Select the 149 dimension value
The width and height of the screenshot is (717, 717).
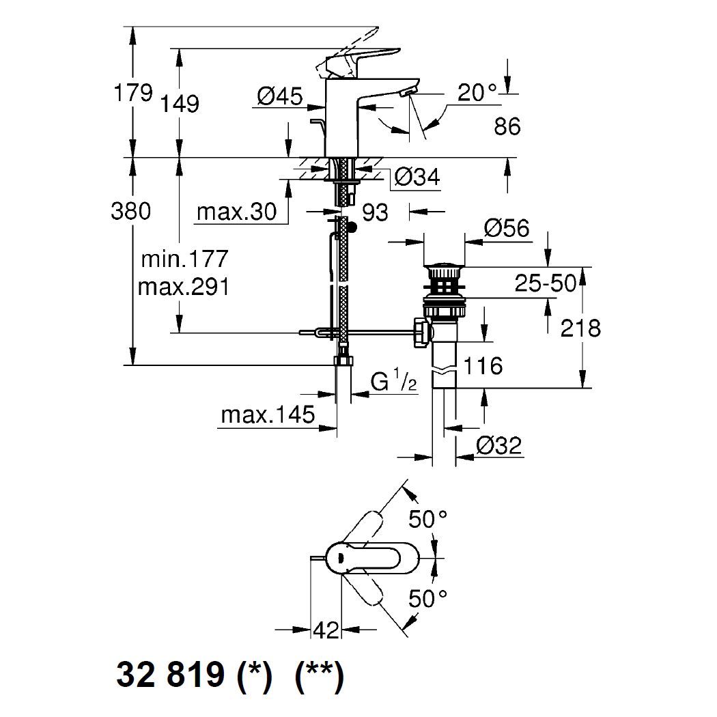(x=180, y=104)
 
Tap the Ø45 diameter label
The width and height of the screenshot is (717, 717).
(x=280, y=98)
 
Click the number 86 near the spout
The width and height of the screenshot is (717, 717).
(x=505, y=126)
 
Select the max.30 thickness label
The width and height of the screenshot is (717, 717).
(x=237, y=212)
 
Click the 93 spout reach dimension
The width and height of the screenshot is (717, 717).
(x=375, y=212)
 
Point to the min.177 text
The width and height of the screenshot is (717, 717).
(x=184, y=259)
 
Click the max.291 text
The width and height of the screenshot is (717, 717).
(x=184, y=286)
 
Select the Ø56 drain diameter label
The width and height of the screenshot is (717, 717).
(x=506, y=229)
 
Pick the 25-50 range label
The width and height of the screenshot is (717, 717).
(x=545, y=283)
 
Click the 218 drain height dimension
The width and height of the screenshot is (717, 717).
(x=580, y=328)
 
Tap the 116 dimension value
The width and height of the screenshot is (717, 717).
(x=483, y=366)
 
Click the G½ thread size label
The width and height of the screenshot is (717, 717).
(x=394, y=381)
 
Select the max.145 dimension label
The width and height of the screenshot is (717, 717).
(x=268, y=414)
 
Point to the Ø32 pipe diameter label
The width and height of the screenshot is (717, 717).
(x=498, y=446)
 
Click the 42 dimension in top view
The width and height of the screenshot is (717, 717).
(x=327, y=630)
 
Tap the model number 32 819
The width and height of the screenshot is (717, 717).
(x=171, y=676)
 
